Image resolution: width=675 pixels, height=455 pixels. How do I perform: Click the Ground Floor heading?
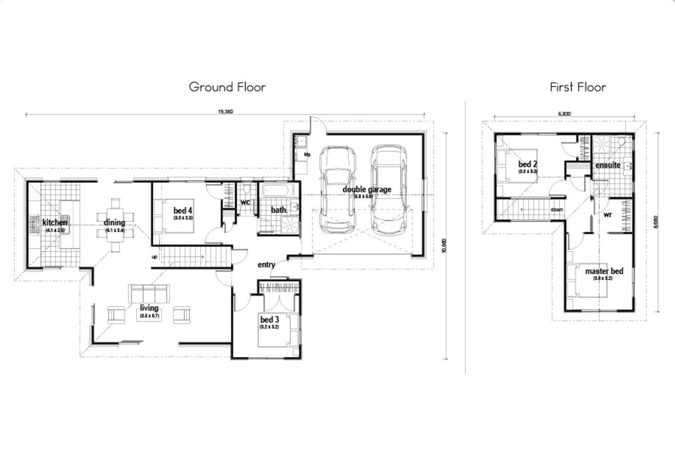[x=227, y=87]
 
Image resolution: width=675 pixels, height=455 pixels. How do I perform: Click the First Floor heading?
[x=578, y=87]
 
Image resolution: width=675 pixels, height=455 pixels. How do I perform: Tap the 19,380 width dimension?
[x=225, y=111]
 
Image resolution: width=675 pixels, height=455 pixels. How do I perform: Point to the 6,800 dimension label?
[x=564, y=113]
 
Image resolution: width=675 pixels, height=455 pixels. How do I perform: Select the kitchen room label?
[x=54, y=223]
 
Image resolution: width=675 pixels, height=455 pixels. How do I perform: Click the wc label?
[x=245, y=202]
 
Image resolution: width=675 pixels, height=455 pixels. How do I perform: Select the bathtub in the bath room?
[x=277, y=192]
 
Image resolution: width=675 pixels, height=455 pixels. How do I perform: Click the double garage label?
[x=367, y=189]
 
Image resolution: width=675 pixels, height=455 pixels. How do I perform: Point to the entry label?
[x=266, y=265]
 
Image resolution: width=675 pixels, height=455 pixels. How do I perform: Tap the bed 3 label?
[x=269, y=320]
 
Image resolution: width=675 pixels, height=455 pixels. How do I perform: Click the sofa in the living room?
[x=149, y=294]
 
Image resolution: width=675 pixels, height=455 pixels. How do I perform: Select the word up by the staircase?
[x=154, y=256]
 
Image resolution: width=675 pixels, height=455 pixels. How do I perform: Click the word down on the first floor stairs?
[x=557, y=210]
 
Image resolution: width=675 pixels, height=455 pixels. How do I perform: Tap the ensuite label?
[x=607, y=165]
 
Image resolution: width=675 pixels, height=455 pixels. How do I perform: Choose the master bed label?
[x=604, y=271]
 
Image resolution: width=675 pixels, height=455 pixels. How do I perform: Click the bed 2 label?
[x=527, y=164]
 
